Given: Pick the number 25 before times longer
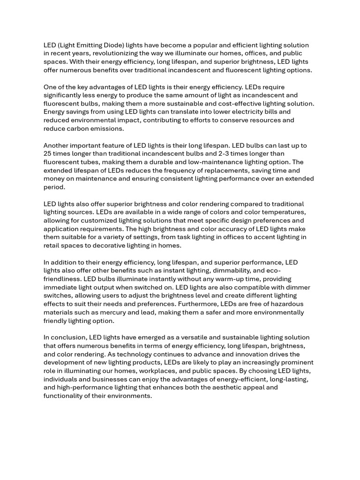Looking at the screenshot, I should pos(47,154).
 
